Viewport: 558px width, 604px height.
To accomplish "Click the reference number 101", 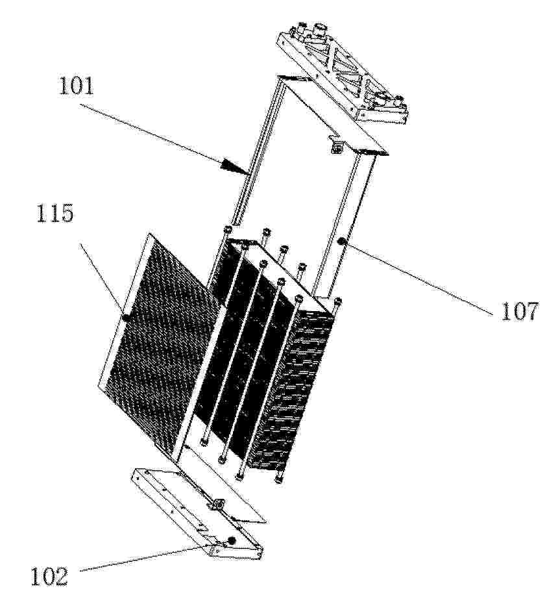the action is click(x=76, y=86).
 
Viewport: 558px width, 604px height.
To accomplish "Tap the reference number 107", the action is click(x=519, y=311).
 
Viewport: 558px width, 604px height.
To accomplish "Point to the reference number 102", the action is click(x=49, y=576).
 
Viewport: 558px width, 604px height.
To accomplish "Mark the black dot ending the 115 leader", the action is click(x=125, y=318).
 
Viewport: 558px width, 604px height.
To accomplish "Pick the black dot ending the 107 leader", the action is click(x=340, y=242).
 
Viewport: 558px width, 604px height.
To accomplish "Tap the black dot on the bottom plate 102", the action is click(x=231, y=540).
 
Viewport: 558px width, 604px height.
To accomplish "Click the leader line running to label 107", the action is click(x=417, y=278).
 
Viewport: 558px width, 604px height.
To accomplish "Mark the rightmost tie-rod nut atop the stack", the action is click(x=337, y=301).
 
